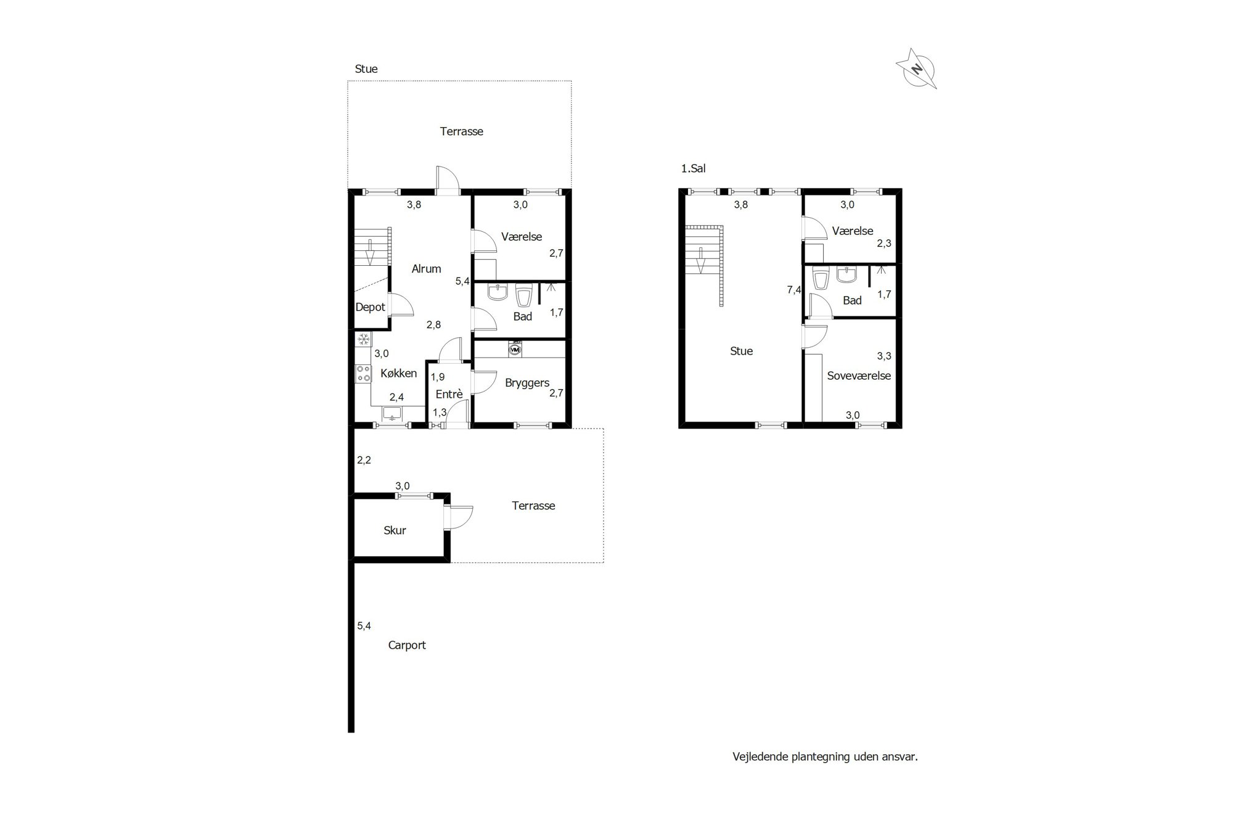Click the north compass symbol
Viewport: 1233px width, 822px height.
917,69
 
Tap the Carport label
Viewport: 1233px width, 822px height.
407,645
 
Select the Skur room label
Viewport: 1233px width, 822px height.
395,530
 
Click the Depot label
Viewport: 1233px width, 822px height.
370,307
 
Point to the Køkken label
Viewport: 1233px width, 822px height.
398,373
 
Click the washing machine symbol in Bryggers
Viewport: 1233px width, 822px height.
515,350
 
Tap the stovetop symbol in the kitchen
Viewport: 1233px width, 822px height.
363,373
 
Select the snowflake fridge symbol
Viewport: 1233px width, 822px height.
363,339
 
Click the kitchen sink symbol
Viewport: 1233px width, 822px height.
392,413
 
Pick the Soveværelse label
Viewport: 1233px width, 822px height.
859,376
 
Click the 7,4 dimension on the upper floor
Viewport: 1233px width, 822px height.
794,290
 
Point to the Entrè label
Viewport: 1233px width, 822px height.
449,394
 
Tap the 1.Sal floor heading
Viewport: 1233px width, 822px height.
693,168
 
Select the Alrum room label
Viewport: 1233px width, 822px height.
426,269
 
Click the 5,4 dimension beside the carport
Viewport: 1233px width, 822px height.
364,626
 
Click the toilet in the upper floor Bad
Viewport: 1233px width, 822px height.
821,279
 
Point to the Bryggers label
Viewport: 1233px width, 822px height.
527,383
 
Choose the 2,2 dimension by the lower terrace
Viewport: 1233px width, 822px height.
364,460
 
